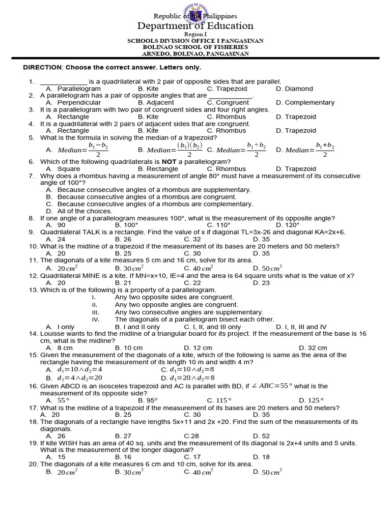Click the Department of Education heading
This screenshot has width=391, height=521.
[x=195, y=26]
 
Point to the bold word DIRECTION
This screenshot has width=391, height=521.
[x=42, y=68]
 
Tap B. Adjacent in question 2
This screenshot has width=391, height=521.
[x=156, y=102]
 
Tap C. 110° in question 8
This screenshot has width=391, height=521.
[x=219, y=225]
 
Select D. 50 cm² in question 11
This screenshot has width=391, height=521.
[x=267, y=268]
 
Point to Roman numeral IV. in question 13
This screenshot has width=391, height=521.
[x=96, y=320]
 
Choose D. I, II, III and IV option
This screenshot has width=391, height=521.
[x=301, y=327]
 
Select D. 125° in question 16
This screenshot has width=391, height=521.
[x=311, y=400]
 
